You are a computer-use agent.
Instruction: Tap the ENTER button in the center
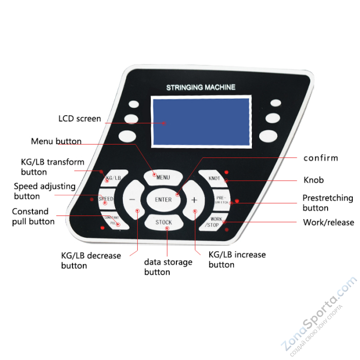coord(163,200)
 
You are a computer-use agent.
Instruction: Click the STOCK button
coord(164,223)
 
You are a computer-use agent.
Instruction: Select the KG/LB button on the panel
coord(113,178)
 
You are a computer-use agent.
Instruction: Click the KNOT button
coord(214,178)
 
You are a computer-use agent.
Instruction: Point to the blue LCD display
coord(200,121)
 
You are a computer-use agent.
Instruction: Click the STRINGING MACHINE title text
coord(201,87)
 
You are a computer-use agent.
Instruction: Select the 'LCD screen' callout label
coord(79,119)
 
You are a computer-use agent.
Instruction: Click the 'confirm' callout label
coord(320,158)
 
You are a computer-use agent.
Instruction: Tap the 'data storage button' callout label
coord(168,267)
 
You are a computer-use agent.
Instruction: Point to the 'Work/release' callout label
coord(328,223)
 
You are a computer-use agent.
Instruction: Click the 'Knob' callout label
coord(313,181)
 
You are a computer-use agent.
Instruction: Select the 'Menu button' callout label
coord(56,141)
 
